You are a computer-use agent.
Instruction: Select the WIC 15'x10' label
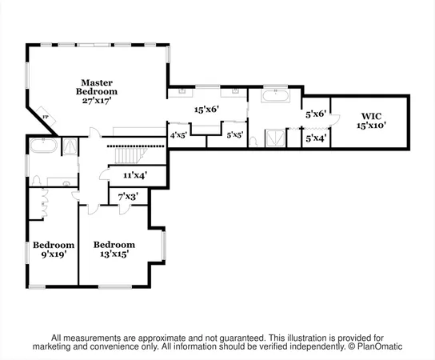pyautogui.click(x=371, y=120)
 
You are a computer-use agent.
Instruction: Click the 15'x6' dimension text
pyautogui.click(x=206, y=110)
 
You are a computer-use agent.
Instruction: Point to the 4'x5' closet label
pyautogui.click(x=178, y=135)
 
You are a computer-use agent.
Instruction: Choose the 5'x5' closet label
pyautogui.click(x=235, y=135)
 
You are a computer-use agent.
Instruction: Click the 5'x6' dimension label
pyautogui.click(x=316, y=114)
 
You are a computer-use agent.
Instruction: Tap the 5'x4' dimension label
pyautogui.click(x=316, y=138)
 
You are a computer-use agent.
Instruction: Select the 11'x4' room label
pyautogui.click(x=134, y=174)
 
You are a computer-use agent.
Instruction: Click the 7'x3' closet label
pyautogui.click(x=128, y=196)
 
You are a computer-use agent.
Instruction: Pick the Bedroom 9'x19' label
pyautogui.click(x=54, y=249)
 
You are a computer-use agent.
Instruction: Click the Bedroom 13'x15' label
pyautogui.click(x=114, y=249)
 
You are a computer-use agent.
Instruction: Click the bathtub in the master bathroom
pyautogui.click(x=274, y=96)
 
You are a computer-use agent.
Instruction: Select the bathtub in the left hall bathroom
pyautogui.click(x=43, y=147)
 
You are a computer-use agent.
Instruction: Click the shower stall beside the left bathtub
pyautogui.click(x=70, y=146)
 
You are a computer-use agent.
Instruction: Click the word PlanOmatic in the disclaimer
pyautogui.click(x=377, y=346)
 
